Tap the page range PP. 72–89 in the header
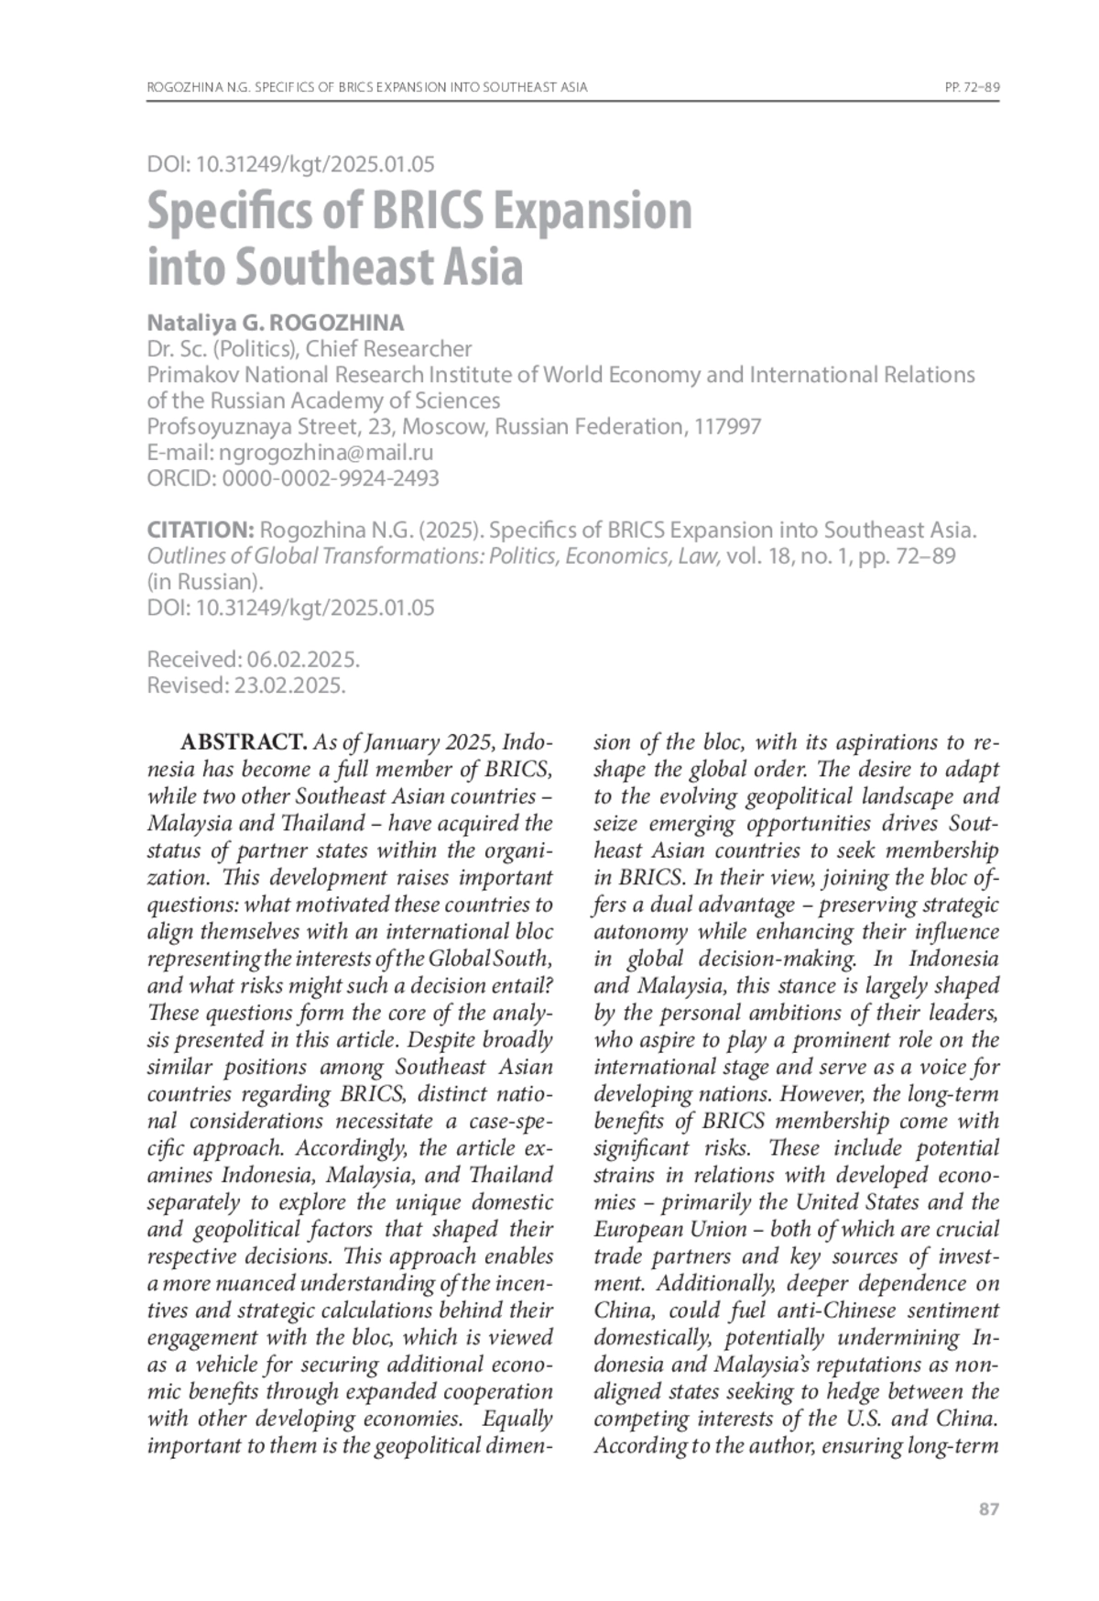971,88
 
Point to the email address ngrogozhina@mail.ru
326,453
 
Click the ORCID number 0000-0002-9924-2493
331,478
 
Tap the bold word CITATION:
201,531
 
